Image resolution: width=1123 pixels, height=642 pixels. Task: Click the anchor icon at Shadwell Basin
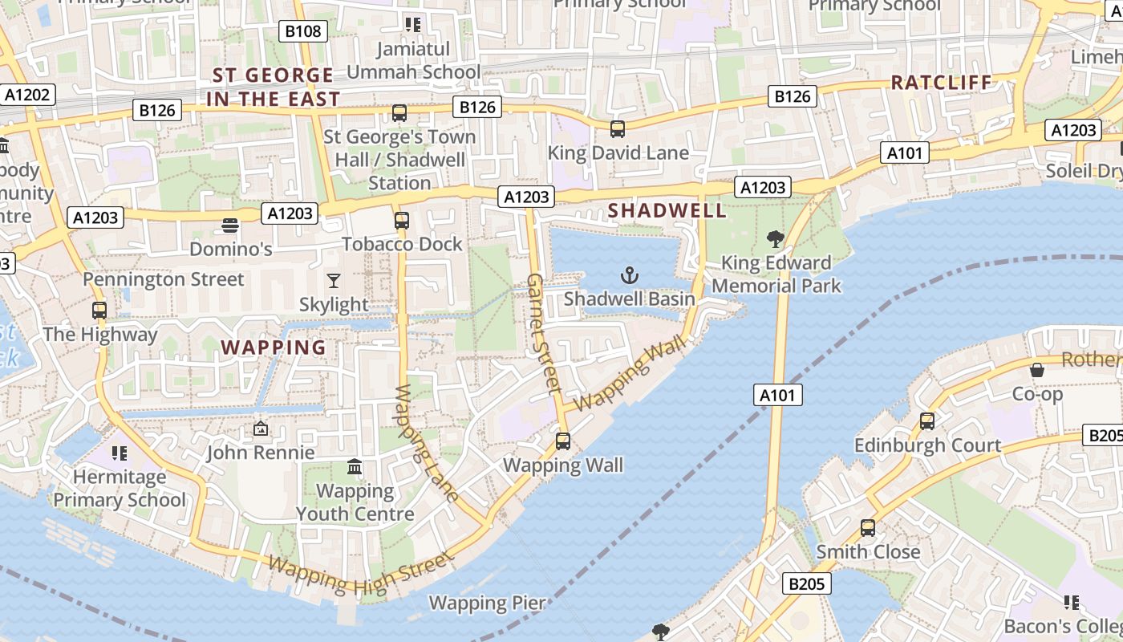[x=630, y=276]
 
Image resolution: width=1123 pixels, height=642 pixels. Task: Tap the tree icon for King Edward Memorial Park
[x=775, y=238]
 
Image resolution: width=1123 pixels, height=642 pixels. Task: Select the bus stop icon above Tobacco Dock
[x=402, y=220]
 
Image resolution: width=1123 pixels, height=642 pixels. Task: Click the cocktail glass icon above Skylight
[x=334, y=280]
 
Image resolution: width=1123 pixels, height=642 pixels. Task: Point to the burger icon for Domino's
[x=230, y=225]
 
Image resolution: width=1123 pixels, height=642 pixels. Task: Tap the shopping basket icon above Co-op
[x=1036, y=370]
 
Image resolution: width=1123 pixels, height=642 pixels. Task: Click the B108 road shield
[x=303, y=31]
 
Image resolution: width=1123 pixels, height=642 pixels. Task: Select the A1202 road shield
[x=27, y=95]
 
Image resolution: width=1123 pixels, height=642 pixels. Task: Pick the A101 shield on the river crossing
[x=778, y=394]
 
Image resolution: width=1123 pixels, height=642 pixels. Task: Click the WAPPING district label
[x=274, y=347]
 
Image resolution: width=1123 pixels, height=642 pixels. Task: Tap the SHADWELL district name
[x=667, y=210]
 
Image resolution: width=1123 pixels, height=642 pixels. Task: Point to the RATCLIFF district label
[x=941, y=82]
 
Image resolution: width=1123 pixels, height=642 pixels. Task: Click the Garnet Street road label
[x=543, y=333]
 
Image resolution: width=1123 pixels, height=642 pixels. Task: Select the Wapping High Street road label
[x=361, y=576]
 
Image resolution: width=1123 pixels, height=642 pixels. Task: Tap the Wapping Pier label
[x=487, y=603]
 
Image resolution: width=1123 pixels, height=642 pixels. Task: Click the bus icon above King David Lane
[x=617, y=128]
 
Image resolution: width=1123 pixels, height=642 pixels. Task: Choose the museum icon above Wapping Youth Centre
[x=355, y=466]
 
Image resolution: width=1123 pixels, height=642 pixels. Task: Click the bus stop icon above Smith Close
[x=867, y=527]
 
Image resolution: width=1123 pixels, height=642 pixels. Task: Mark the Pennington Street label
[x=164, y=279]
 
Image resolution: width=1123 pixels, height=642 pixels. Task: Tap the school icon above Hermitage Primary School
[x=120, y=453]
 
